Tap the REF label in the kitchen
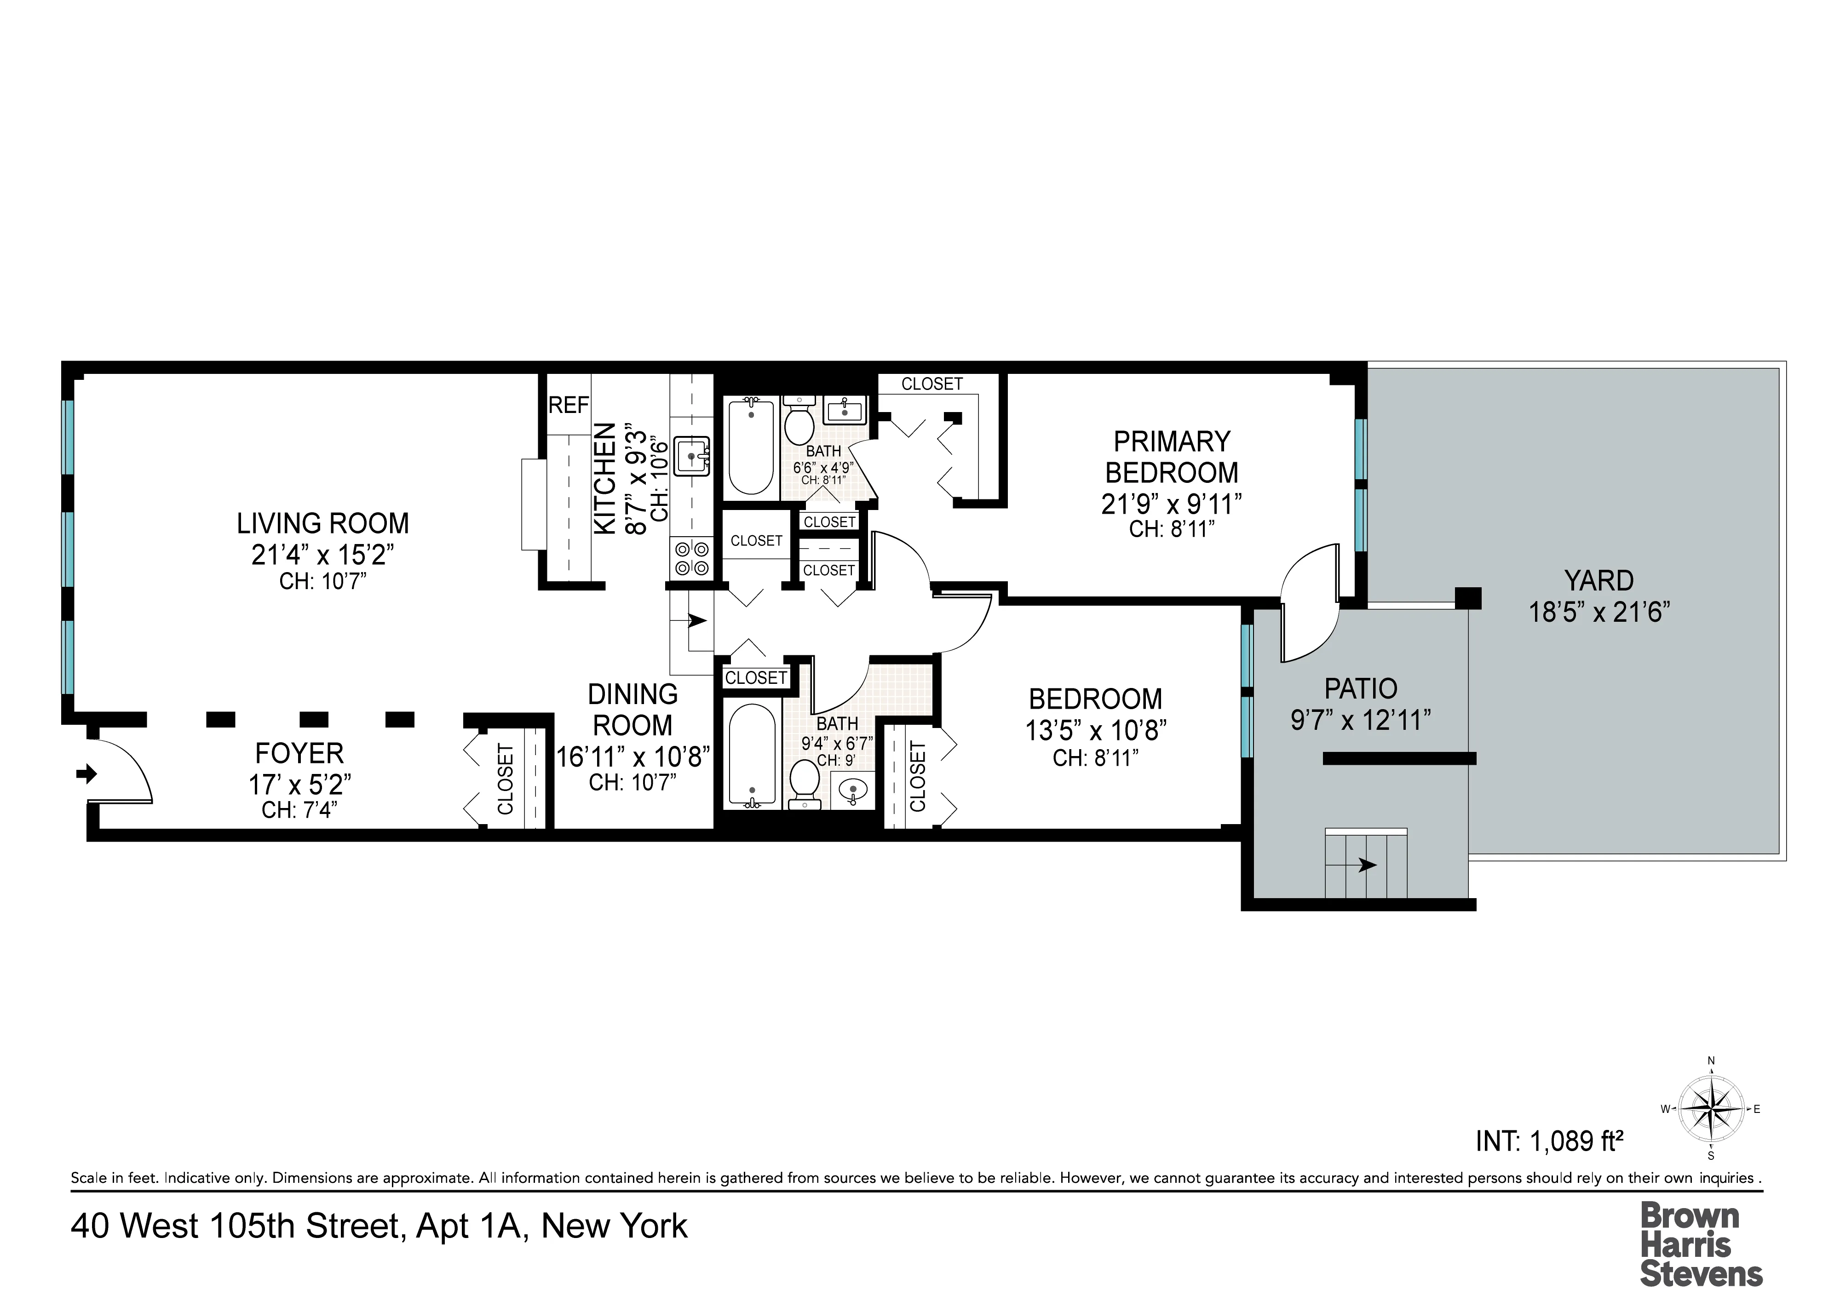568,405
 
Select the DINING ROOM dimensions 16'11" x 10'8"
633,756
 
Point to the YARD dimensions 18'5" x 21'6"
1599,613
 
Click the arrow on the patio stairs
1366,865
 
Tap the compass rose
1710,1110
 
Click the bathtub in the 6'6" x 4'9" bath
751,446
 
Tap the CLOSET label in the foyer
506,779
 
